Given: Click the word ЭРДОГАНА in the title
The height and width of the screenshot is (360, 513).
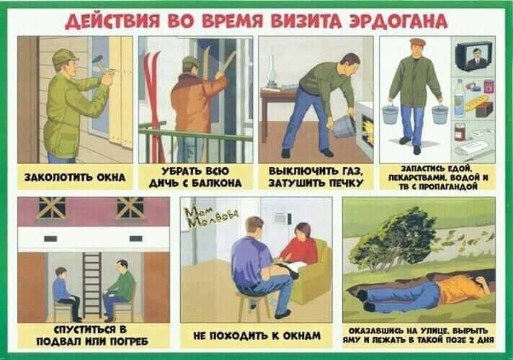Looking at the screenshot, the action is pos(398,22).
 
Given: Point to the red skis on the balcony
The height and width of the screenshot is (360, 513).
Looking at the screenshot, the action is pos(153,104).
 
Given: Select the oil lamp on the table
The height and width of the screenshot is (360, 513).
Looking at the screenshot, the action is pos(271,72).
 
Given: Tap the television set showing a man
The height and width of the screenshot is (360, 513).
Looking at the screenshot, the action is pos(474,56).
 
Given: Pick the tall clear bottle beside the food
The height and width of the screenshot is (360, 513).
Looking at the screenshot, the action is pos(460,97).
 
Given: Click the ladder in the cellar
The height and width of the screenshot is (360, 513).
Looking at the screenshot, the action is pos(92,284).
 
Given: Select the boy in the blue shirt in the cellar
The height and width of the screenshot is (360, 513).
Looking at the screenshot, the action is pos(66,292).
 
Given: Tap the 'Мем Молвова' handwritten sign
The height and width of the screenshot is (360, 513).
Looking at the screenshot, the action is pos(211,217).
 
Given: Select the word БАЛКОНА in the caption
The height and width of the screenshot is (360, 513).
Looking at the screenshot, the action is pos(217,183).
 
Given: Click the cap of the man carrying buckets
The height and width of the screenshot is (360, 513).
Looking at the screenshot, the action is pos(416,42).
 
